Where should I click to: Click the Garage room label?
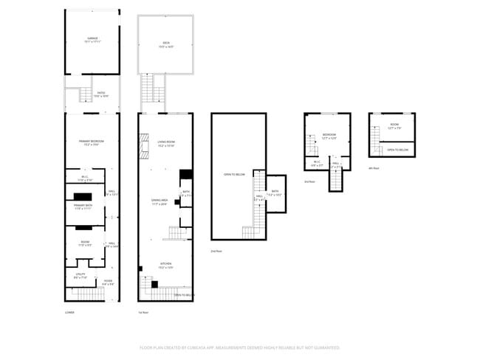point(92,39)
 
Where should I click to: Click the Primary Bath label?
point(82,207)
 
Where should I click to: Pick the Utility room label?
point(80,275)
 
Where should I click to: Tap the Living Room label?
point(166,142)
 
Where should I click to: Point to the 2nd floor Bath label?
point(275,193)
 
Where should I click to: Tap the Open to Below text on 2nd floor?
point(233,175)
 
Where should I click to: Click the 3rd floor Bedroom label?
point(329,136)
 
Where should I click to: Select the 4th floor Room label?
point(394,126)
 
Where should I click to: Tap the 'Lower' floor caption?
point(69,313)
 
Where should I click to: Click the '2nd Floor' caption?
point(216,251)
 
